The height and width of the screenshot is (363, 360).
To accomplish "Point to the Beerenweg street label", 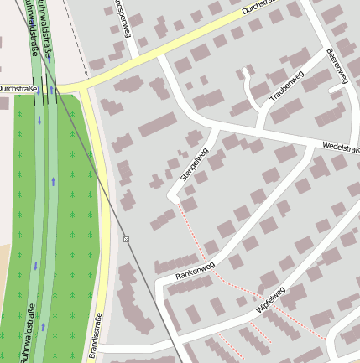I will click(337, 65).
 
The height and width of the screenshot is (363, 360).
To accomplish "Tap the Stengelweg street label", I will click(194, 164).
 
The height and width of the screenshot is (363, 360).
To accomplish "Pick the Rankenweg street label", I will click(196, 270).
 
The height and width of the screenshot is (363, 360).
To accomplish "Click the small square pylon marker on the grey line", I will click(126, 240).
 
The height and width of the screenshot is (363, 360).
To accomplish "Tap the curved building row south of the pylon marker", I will click(134, 298).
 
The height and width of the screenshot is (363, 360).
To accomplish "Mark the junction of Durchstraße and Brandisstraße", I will click(84, 86).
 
